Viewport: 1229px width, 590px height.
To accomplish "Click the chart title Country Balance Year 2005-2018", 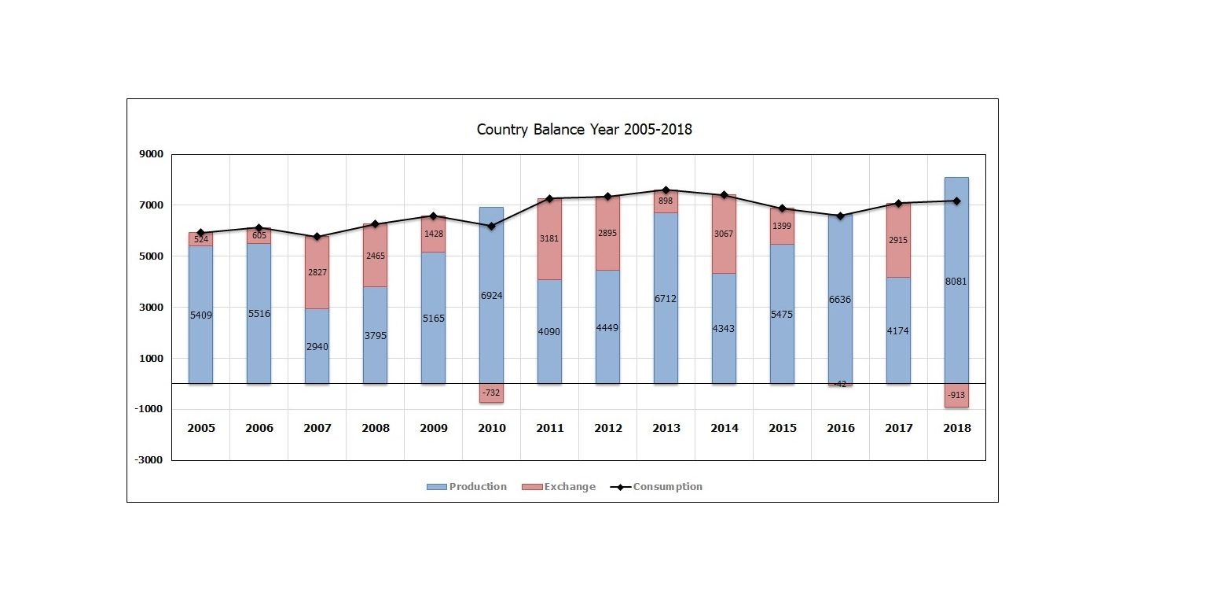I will coord(584,130).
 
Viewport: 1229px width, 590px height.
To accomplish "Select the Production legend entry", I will coord(467,487).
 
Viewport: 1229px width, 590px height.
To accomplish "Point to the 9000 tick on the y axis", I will coord(151,155).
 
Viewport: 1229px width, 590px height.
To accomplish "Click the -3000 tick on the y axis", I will coord(149,460).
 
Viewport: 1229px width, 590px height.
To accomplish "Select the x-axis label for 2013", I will coord(666,429).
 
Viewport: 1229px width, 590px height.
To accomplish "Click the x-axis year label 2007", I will coord(317,429).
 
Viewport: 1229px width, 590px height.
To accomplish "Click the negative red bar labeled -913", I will coord(956,396).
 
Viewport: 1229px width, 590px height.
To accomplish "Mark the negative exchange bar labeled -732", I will coord(491,393).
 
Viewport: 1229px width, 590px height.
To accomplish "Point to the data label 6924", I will coord(491,296).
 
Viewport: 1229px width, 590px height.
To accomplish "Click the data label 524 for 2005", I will coord(201,239).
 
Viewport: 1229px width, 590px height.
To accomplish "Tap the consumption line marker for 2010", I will coord(491,227).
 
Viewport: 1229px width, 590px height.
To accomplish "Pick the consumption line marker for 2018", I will coord(956,201).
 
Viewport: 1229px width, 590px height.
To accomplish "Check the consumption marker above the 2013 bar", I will coord(666,190).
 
